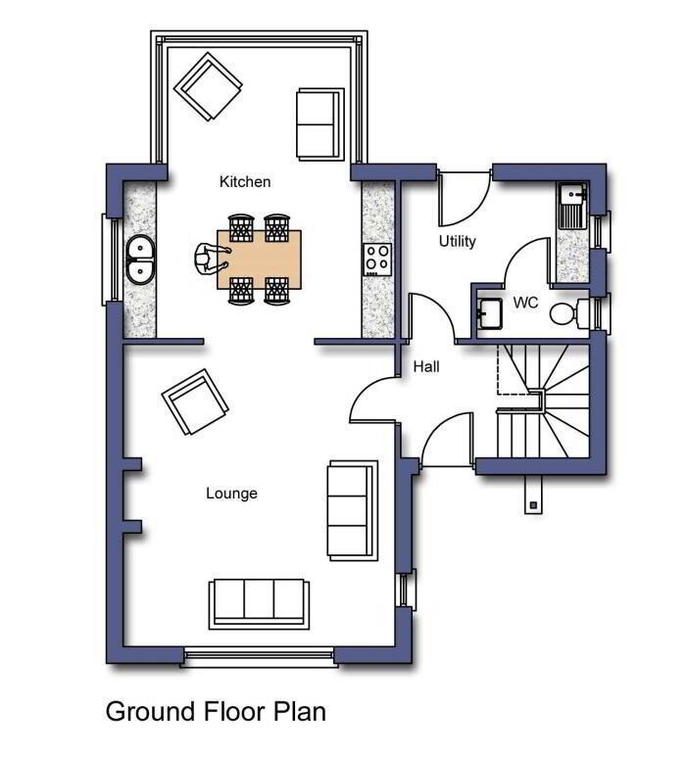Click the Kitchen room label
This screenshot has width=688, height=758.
(x=245, y=182)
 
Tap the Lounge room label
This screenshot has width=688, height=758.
(x=231, y=494)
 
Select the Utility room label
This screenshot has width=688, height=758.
(x=458, y=241)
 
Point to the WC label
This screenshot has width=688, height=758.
(x=525, y=303)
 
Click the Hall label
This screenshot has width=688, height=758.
(x=426, y=367)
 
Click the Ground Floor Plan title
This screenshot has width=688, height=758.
(x=216, y=712)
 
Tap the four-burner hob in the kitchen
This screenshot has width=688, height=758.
(x=377, y=260)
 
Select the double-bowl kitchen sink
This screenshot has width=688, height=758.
(x=140, y=260)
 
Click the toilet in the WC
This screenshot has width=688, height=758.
(x=569, y=312)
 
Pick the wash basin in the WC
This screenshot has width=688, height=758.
(x=490, y=314)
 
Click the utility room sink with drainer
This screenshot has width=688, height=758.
(x=573, y=207)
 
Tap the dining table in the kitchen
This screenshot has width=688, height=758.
(x=259, y=260)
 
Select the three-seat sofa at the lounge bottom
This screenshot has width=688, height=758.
(x=259, y=604)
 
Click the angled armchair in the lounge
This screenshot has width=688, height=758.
(x=195, y=402)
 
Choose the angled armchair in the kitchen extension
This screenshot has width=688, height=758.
(x=208, y=86)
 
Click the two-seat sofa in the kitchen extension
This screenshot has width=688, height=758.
(x=319, y=124)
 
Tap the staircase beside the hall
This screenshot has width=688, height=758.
(x=543, y=401)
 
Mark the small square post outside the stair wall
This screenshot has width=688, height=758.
(x=534, y=505)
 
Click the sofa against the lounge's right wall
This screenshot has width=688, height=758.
(x=352, y=510)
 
